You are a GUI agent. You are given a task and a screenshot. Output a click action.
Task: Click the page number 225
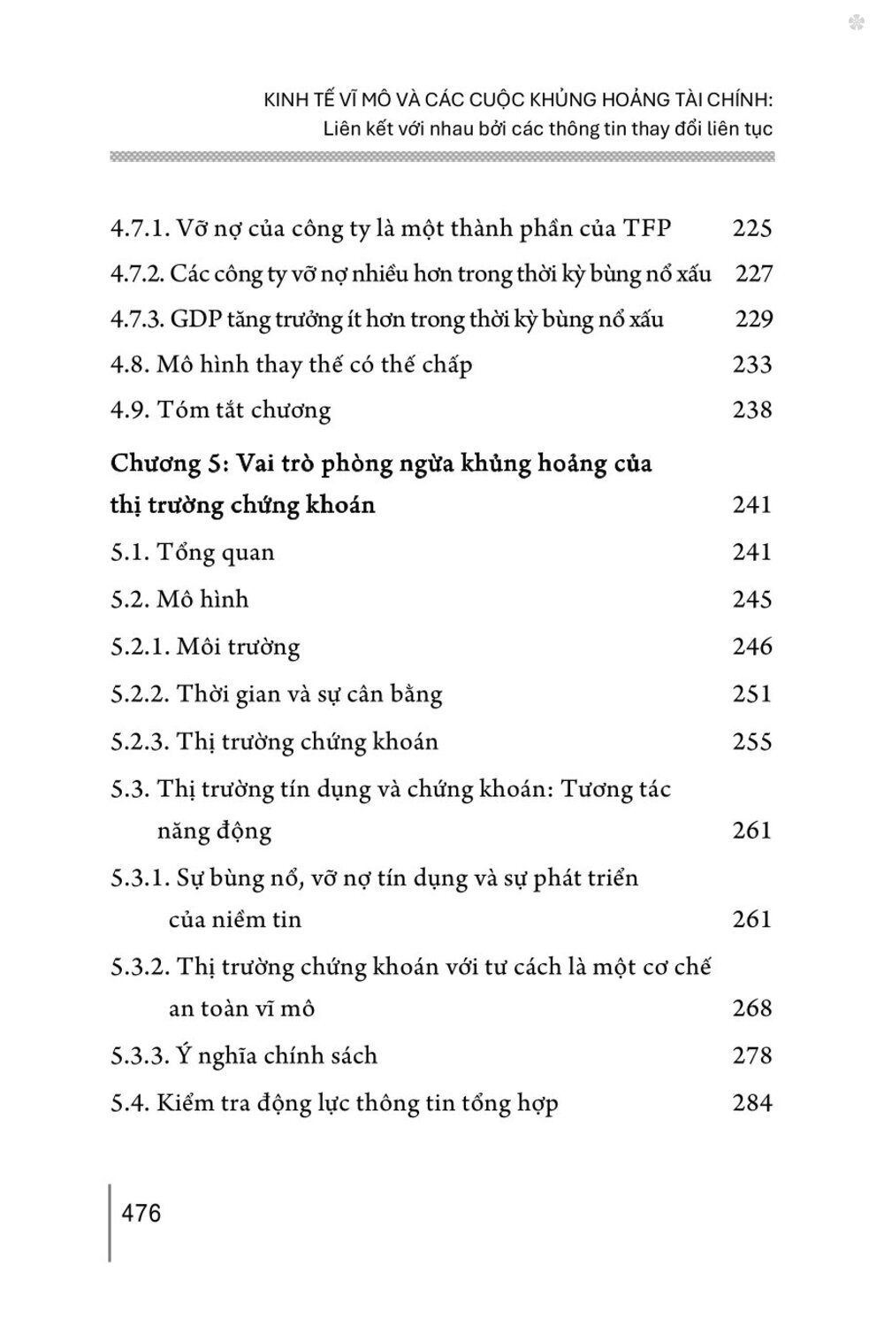(x=752, y=228)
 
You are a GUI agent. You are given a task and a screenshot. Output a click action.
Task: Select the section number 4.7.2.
(x=137, y=274)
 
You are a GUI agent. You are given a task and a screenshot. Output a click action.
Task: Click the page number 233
(x=752, y=364)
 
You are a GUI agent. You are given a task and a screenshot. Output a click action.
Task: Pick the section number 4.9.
(x=130, y=410)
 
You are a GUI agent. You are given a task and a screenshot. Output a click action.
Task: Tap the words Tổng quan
(x=216, y=552)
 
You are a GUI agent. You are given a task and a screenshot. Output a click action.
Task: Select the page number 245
(x=752, y=599)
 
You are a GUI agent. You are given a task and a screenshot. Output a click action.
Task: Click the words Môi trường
(x=238, y=647)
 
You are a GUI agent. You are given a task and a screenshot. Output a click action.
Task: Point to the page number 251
(x=752, y=694)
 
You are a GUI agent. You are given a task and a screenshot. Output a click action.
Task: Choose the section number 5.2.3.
(x=140, y=741)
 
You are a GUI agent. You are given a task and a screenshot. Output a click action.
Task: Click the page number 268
(x=752, y=1008)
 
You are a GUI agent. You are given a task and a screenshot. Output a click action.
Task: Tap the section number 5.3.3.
(x=140, y=1055)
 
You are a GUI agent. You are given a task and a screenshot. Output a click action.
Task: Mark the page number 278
(x=752, y=1055)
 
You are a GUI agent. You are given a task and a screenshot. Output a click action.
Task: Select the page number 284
(x=752, y=1103)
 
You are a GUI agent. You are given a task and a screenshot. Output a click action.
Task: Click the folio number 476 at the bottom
(x=142, y=1212)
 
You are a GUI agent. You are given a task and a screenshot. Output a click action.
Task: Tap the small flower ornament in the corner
(x=855, y=25)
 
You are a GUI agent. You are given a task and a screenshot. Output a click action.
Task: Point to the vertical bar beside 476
(x=110, y=1223)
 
